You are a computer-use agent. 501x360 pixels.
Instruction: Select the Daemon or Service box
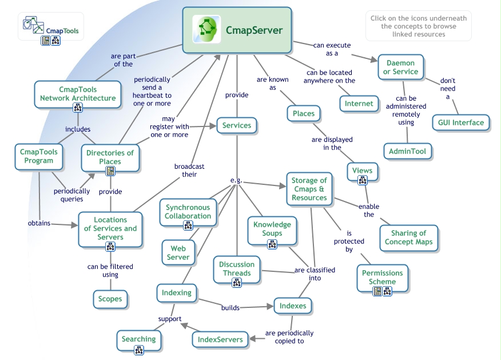click(400, 67)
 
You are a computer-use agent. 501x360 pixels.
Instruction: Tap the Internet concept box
click(359, 104)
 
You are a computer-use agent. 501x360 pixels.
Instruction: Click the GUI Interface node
click(460, 122)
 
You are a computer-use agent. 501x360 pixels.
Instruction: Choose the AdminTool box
click(407, 151)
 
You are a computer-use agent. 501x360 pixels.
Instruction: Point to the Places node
click(303, 113)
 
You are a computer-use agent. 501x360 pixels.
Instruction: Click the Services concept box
click(237, 125)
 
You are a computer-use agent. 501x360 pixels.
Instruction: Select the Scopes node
click(110, 298)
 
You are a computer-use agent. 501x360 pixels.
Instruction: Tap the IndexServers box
click(220, 339)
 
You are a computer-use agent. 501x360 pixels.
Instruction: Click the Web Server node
click(178, 252)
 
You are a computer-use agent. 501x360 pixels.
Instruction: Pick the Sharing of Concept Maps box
click(409, 238)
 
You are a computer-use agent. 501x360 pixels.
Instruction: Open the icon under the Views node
click(362, 181)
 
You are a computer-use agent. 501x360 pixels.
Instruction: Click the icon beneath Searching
click(138, 350)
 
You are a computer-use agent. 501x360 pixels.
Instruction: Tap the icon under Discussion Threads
click(237, 282)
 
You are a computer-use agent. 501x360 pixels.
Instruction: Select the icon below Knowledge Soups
click(272, 244)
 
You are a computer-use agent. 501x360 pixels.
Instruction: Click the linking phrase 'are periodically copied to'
click(289, 337)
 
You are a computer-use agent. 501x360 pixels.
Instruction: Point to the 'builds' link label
click(230, 308)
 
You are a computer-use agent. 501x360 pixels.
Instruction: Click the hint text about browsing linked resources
click(418, 26)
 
